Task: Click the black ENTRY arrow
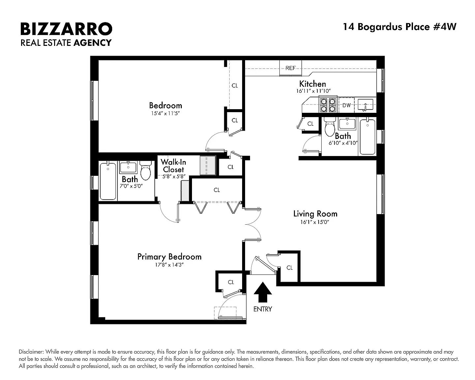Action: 263,292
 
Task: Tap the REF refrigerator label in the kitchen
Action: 291,68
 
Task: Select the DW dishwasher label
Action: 347,105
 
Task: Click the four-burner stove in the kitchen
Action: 328,105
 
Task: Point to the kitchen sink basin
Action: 365,105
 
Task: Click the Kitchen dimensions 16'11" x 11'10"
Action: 313,91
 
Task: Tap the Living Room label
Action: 315,214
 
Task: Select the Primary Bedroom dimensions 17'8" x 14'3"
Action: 169,265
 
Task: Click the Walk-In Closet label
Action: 174,166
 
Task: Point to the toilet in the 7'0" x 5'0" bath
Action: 145,170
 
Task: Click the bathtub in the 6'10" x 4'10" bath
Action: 367,137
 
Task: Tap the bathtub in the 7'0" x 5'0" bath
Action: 108,181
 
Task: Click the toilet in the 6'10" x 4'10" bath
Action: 330,127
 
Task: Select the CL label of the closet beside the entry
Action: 290,268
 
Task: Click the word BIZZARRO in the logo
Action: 66,29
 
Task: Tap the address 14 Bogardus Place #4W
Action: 399,27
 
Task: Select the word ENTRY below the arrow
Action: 263,309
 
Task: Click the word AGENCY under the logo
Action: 92,43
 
